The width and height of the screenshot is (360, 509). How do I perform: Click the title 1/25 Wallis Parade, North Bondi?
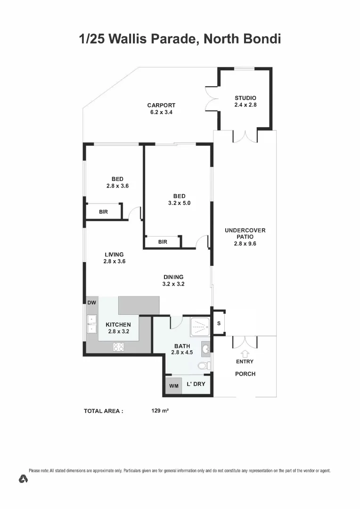180,39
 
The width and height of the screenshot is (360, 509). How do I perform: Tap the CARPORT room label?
161,106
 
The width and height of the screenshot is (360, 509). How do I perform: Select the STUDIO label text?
245,98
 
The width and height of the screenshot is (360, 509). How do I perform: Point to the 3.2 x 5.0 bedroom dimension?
179,203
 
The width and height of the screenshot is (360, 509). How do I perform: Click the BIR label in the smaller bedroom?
103,212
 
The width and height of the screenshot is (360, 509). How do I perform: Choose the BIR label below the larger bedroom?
163,242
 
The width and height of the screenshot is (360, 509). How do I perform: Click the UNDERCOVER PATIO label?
245,233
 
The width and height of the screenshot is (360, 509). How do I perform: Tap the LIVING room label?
114,254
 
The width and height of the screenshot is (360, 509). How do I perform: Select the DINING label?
173,277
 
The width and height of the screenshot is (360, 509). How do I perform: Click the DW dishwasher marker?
92,303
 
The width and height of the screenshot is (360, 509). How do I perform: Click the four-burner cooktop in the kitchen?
118,346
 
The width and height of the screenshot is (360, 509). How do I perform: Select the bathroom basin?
206,349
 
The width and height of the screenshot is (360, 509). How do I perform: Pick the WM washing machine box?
174,386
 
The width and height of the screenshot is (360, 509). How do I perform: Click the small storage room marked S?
219,323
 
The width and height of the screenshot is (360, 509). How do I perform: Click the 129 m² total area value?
160,411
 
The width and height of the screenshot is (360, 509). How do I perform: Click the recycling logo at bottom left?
23,479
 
